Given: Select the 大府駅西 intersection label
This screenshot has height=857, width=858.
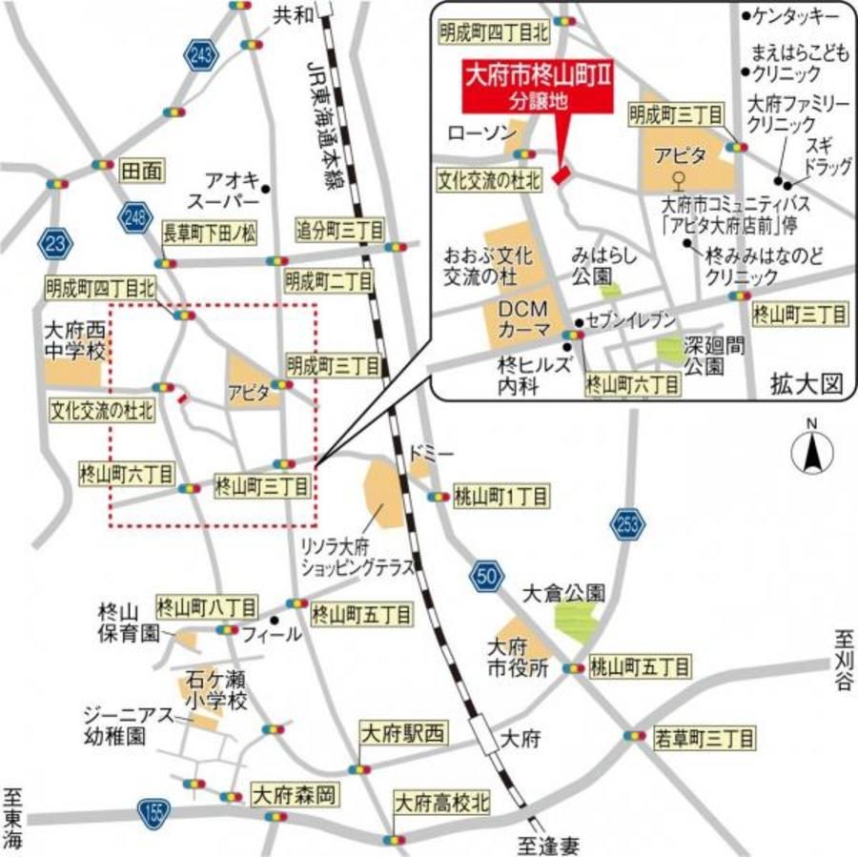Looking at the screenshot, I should click(401, 733).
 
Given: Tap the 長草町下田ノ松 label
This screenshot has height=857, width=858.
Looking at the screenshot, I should click(209, 232).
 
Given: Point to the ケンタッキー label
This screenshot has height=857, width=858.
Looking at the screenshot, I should click(795, 16).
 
